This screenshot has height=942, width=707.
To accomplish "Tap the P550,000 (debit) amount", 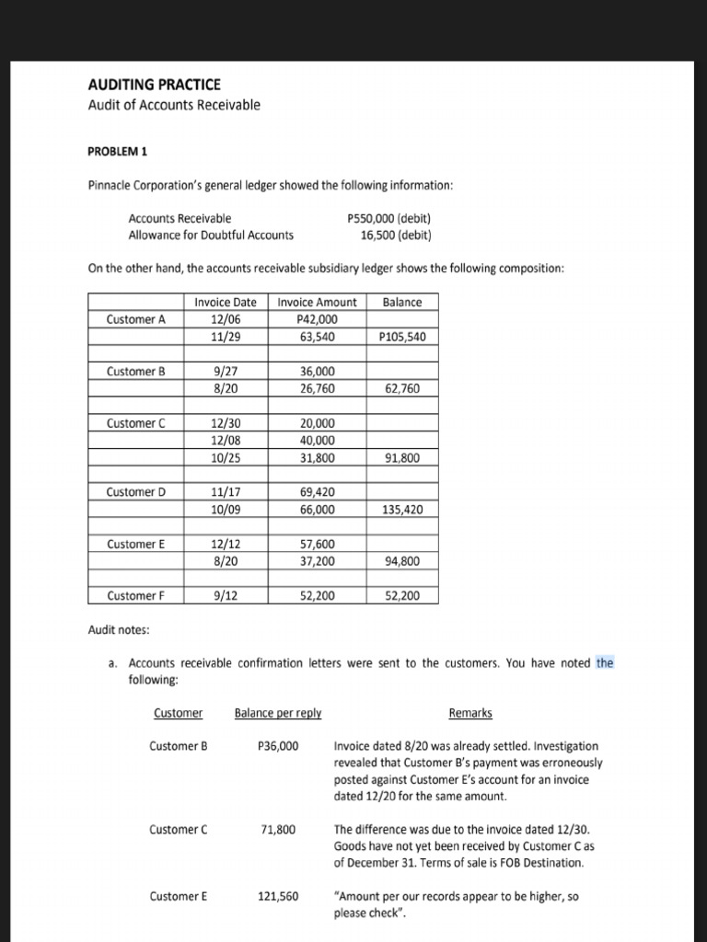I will pyautogui.click(x=389, y=218).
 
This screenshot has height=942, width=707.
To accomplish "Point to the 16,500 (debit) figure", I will pyautogui.click(x=396, y=235).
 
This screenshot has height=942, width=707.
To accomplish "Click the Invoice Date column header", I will pyautogui.click(x=226, y=302).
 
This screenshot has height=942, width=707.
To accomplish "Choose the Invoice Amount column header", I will pyautogui.click(x=318, y=302).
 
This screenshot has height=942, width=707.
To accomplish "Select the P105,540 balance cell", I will pyautogui.click(x=402, y=337).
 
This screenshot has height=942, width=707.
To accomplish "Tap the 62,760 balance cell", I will pyautogui.click(x=402, y=388).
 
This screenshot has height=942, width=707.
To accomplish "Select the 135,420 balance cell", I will pyautogui.click(x=402, y=509).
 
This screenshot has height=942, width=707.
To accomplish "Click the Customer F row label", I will pyautogui.click(x=135, y=595).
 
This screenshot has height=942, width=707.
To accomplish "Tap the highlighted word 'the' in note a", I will pyautogui.click(x=605, y=662).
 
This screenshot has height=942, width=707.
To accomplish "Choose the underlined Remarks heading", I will pyautogui.click(x=469, y=713).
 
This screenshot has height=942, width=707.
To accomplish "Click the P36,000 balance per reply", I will pyautogui.click(x=278, y=745).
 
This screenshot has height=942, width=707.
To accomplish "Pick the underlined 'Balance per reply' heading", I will pyautogui.click(x=278, y=713).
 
